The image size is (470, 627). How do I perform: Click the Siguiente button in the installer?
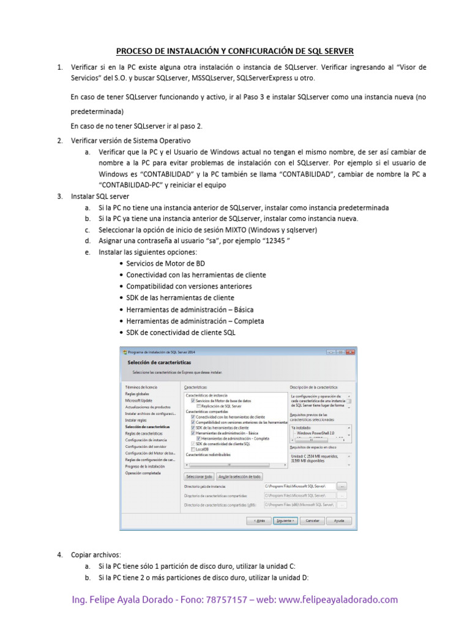point(285,520)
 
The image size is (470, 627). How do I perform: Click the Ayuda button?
point(338,520)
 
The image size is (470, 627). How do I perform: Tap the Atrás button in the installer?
point(259,520)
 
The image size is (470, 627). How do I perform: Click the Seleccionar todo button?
point(199,476)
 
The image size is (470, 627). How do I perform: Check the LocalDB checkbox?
point(193,449)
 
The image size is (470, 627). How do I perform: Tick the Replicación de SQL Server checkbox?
point(198,406)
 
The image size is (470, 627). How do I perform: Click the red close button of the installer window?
point(349,352)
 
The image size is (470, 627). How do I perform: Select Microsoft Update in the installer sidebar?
point(138,400)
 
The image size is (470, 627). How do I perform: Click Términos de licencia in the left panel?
point(141,387)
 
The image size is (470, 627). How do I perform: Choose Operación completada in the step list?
point(143,473)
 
